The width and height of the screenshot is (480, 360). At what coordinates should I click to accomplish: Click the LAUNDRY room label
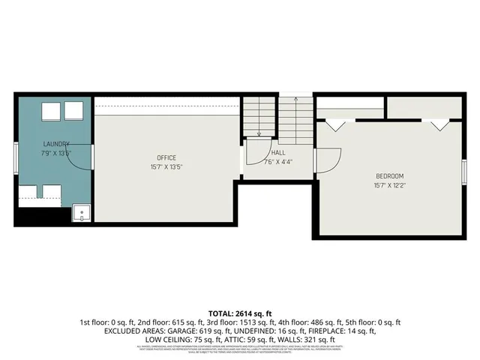[56, 144]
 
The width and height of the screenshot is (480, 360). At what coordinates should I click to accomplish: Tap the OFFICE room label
[166, 157]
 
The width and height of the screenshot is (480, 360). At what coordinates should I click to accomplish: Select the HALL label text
[277, 152]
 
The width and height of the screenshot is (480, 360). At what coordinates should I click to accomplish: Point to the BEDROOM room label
[390, 175]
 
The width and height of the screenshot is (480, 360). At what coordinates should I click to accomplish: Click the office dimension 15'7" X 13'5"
[166, 166]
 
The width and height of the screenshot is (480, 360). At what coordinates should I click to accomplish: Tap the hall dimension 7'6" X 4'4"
[277, 161]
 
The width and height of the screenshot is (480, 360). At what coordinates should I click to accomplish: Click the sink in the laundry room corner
[81, 214]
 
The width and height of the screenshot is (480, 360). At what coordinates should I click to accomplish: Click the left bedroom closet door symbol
[334, 124]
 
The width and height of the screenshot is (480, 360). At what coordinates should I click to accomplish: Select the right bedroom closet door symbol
[439, 125]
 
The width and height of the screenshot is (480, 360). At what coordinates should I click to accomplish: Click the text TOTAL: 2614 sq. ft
[240, 313]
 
